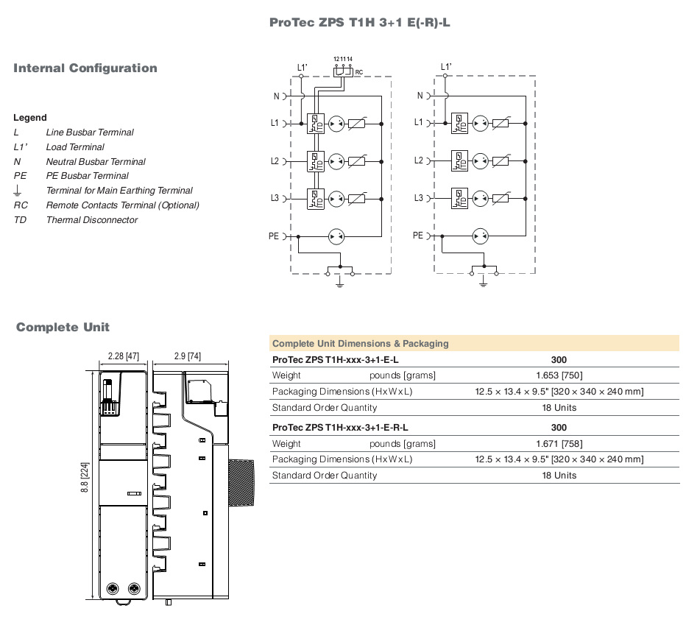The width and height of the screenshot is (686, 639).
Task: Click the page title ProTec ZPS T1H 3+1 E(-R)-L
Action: [x=360, y=22]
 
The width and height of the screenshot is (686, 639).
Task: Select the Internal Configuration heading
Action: [x=85, y=68]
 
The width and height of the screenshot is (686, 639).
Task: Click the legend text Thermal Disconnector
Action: [x=92, y=219]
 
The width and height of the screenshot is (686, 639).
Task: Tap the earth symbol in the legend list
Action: [x=18, y=191]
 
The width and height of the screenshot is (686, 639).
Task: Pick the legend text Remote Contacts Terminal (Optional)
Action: [x=122, y=205]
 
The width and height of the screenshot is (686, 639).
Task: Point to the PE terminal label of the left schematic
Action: [x=274, y=236]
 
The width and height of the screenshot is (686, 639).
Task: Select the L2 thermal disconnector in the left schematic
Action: [x=316, y=161]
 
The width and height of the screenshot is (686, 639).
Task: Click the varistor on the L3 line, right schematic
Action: [x=501, y=198]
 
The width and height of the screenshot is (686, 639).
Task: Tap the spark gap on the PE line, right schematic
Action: [x=480, y=236]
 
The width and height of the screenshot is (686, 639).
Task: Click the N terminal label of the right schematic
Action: [x=420, y=96]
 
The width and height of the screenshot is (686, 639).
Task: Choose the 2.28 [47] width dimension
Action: [x=124, y=356]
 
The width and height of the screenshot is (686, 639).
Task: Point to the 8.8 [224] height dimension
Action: [x=85, y=478]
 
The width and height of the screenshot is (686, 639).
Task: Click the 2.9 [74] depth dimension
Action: [x=187, y=356]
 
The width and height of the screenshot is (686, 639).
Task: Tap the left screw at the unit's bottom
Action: [x=113, y=589]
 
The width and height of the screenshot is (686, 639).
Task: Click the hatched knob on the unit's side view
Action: [x=241, y=482]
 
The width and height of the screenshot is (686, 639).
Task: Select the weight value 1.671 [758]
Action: [x=559, y=444]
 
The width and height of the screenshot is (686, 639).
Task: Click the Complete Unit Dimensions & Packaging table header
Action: [x=361, y=344]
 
